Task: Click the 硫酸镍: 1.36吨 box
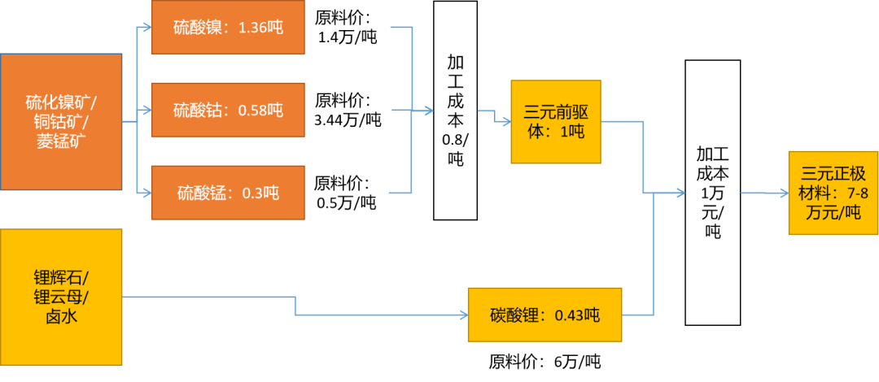point(228,28)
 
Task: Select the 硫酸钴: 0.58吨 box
point(228,110)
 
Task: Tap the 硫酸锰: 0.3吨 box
point(228,193)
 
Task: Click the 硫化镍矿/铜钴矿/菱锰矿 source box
point(61,122)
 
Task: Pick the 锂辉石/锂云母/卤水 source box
point(61,297)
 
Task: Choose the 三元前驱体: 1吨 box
point(556,122)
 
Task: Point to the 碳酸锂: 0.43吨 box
point(544,315)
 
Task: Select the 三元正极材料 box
point(833,193)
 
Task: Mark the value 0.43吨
point(577,315)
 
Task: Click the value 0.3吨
point(260,193)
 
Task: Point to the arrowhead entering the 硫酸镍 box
point(146,28)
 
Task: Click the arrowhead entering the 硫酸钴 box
point(146,110)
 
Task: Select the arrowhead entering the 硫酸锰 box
point(146,193)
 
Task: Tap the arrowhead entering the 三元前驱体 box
point(505,122)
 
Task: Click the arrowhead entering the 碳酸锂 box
point(462,315)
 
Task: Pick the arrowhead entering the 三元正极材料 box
point(783,193)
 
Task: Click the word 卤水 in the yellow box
point(61,316)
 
